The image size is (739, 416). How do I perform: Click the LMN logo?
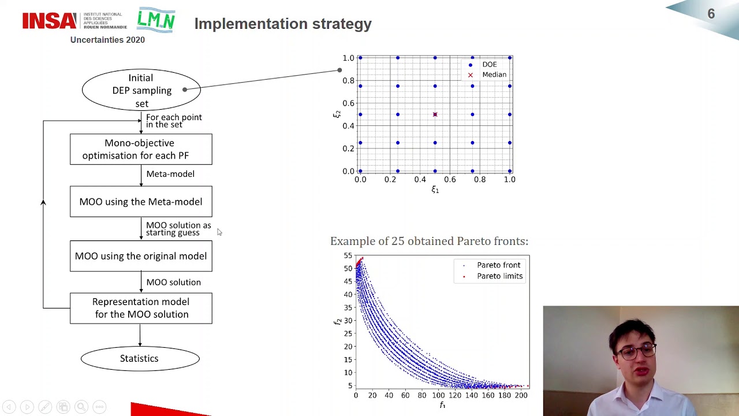[156, 21]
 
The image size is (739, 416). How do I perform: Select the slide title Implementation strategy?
[283, 24]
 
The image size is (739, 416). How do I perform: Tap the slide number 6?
[711, 14]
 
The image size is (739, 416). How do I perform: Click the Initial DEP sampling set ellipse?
[141, 90]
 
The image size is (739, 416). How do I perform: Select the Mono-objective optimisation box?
[141, 149]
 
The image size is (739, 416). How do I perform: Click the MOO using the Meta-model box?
[141, 202]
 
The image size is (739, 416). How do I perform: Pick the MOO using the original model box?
[141, 256]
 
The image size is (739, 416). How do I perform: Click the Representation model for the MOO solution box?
[141, 308]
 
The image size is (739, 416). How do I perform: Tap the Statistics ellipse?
[140, 358]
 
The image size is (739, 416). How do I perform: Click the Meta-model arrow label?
[170, 174]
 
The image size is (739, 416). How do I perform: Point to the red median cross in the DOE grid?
[435, 114]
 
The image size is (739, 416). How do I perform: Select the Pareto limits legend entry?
[499, 276]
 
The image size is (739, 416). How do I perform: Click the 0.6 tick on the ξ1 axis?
[450, 180]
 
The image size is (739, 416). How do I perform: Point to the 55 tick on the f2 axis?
[348, 255]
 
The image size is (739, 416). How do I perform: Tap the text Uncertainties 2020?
[107, 40]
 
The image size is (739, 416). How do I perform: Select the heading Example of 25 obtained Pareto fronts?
[429, 241]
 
